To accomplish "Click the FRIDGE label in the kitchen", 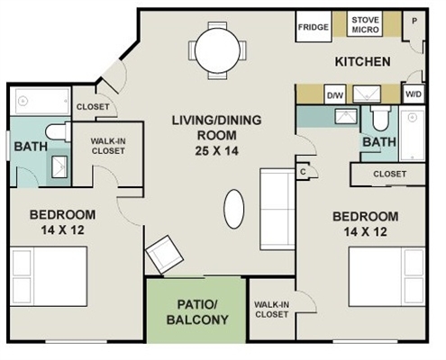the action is click(x=314, y=27).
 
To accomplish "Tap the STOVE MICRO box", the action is click(x=365, y=24).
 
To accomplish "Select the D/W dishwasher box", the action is click(x=335, y=94).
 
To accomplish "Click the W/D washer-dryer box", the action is click(x=414, y=94).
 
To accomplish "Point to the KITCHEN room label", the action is click(x=363, y=61).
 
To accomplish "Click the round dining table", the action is click(x=217, y=50).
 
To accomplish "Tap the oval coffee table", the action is click(x=233, y=209).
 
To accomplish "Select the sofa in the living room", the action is click(x=278, y=209).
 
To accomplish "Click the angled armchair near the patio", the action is click(x=164, y=255).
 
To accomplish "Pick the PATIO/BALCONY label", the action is click(x=197, y=312).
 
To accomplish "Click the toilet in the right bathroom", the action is click(x=380, y=118).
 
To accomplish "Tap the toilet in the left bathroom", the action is click(x=59, y=132).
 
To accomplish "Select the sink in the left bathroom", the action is click(x=59, y=166).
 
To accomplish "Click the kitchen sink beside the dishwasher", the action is click(x=367, y=94).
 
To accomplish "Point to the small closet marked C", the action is click(x=303, y=172).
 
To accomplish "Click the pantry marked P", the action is click(x=414, y=21).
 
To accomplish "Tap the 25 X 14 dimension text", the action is click(x=217, y=150).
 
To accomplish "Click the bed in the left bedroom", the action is click(x=49, y=276).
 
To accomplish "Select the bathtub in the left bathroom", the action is click(x=41, y=101).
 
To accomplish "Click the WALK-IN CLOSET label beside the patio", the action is click(x=271, y=310).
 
